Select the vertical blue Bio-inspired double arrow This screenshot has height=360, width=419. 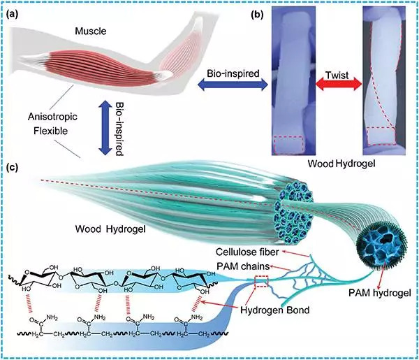[103, 131]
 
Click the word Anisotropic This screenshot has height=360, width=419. [47, 118]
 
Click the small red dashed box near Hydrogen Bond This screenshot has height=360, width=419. [262, 282]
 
